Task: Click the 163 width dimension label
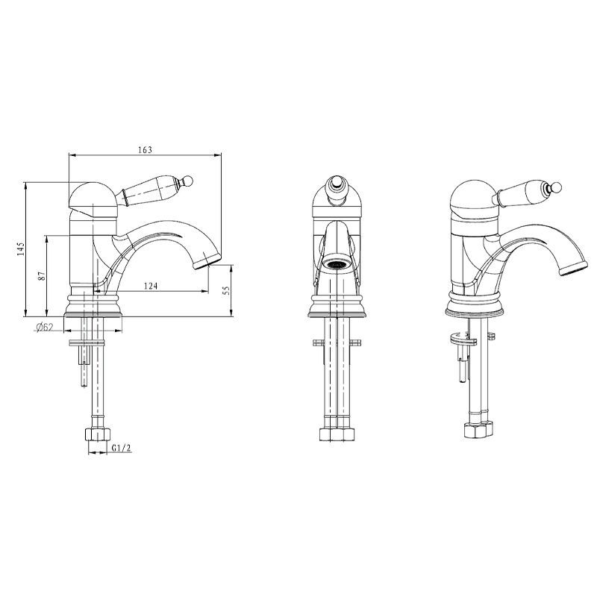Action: pyautogui.click(x=145, y=150)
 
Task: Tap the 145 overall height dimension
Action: pyautogui.click(x=21, y=249)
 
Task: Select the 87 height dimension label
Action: pyautogui.click(x=42, y=275)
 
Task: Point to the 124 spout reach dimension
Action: pyautogui.click(x=151, y=286)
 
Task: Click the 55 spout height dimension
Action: pyautogui.click(x=227, y=290)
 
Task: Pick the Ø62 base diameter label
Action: pyautogui.click(x=45, y=327)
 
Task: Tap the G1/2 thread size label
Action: pyautogui.click(x=122, y=448)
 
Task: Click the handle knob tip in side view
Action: pyautogui.click(x=189, y=180)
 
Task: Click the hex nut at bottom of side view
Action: pyautogui.click(x=98, y=434)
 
